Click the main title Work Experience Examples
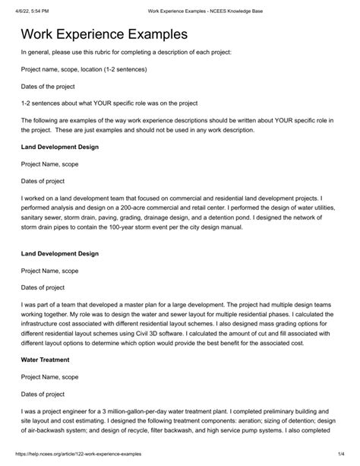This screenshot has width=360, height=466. tap(104, 35)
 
